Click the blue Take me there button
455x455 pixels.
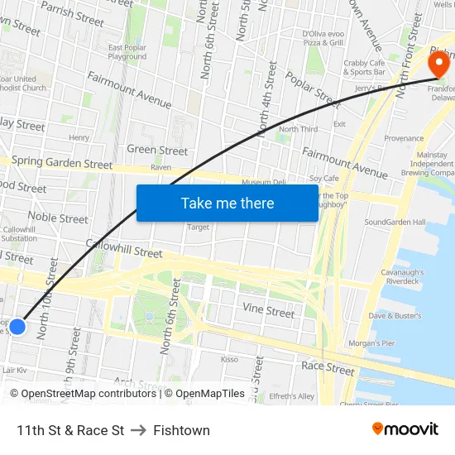click(227, 203)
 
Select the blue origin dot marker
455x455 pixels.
click(17, 328)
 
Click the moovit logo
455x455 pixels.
click(405, 429)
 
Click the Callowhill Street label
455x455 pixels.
click(124, 248)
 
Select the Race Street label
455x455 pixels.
click(328, 366)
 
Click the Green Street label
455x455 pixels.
click(157, 151)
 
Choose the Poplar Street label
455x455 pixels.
click(313, 89)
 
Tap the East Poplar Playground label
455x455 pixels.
click(127, 52)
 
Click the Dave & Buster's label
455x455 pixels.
click(395, 315)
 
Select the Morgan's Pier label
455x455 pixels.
click(372, 343)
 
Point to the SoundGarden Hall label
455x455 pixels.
click(395, 222)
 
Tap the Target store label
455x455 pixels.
click(198, 227)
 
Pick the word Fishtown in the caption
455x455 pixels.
click(181, 430)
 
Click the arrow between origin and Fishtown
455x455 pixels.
click(138, 430)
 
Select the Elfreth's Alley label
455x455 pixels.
click(293, 396)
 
